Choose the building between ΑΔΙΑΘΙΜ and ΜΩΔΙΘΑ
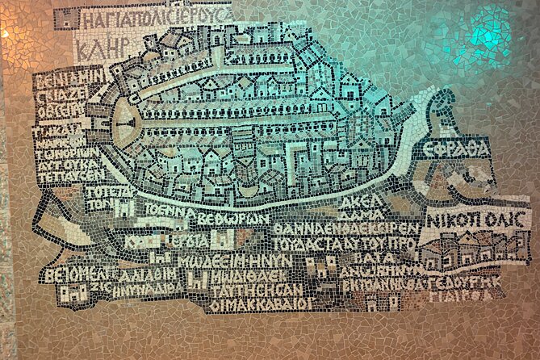pos(195,278)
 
